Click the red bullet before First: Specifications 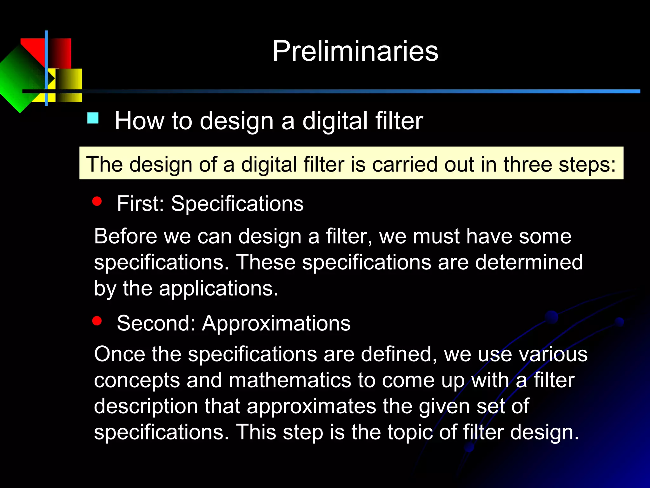pos(97,201)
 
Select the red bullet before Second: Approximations pos(97,321)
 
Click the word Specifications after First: pos(237,204)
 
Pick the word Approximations pos(276,323)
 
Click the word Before pos(125,236)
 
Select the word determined pos(529,262)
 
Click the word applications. pos(218,288)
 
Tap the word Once pos(119,354)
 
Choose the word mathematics pos(289,380)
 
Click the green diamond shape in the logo pos(19,79)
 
